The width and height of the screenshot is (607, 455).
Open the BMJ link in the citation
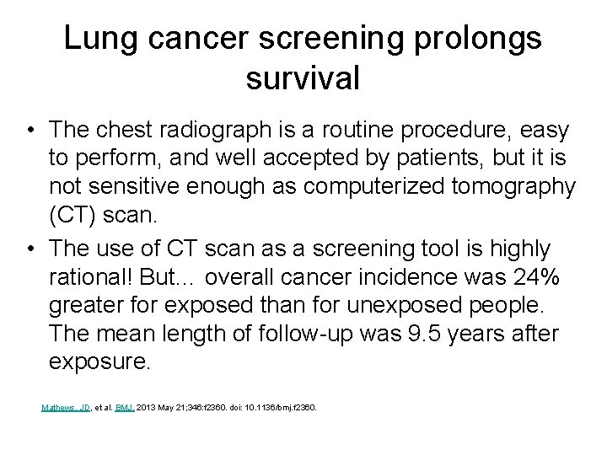pos(125,408)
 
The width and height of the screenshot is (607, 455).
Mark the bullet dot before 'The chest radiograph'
pos(30,131)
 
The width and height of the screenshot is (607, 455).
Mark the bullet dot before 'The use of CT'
pos(30,250)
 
